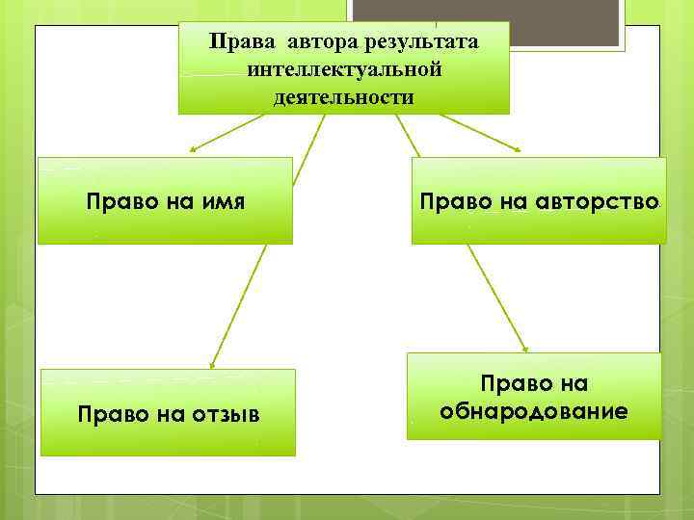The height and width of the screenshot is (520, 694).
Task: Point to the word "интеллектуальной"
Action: pyautogui.click(x=344, y=69)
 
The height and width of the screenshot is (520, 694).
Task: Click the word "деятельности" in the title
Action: pyautogui.click(x=344, y=96)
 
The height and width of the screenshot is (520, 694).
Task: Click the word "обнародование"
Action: pyautogui.click(x=534, y=411)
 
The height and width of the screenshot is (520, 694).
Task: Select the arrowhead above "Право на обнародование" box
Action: pyautogui.click(x=527, y=350)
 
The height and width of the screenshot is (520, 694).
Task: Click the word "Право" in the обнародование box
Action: pyautogui.click(x=534, y=384)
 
